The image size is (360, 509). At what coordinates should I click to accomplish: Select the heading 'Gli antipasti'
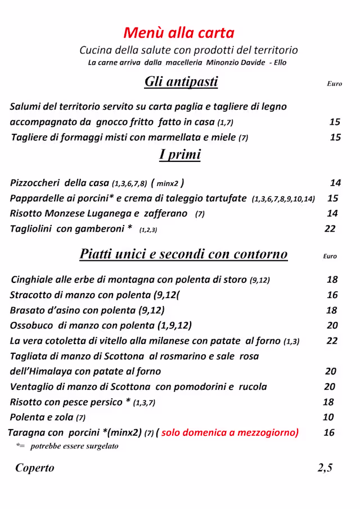pos(181,82)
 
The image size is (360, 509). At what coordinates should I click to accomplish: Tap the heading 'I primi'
pos(180,154)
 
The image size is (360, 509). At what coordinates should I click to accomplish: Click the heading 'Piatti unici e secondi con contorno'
pos(183,254)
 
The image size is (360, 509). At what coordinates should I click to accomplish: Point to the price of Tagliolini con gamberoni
pos(330,228)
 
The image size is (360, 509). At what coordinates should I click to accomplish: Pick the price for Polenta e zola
pos(328,417)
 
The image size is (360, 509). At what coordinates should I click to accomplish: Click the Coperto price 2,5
pos(325,468)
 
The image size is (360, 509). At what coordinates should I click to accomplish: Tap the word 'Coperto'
pos(35,468)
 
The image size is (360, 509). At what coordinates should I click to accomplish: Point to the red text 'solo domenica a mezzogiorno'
pos(229,433)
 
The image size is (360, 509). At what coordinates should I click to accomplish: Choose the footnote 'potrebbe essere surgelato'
pos(74,446)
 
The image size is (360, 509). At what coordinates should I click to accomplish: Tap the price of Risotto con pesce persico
pos(328,402)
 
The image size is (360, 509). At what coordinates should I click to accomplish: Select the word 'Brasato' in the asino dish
pos(28,310)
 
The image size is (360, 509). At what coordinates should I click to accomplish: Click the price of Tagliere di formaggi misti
pos(335,137)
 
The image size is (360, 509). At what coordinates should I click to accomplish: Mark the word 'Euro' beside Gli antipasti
pos(334,84)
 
